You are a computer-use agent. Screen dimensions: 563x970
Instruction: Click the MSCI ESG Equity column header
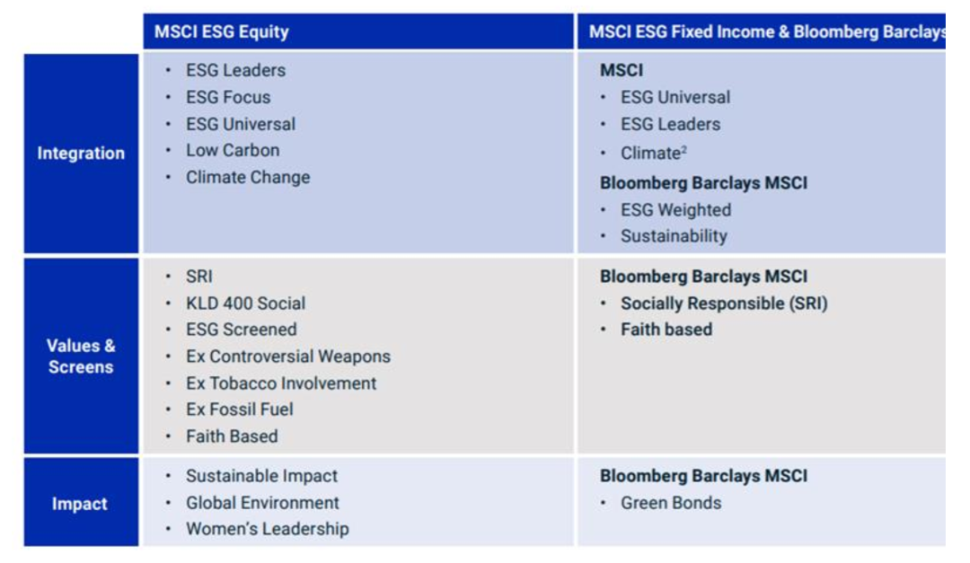click(222, 32)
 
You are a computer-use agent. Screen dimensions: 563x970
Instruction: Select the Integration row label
click(81, 154)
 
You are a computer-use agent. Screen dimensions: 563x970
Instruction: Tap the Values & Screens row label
click(81, 356)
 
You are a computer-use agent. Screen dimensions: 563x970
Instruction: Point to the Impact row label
click(79, 504)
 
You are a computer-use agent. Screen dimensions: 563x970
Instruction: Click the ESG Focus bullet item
click(227, 97)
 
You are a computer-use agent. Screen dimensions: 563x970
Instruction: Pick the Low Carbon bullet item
click(232, 150)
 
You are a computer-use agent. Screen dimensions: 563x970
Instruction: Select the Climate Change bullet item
click(247, 177)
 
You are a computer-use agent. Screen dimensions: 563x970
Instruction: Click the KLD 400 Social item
click(245, 303)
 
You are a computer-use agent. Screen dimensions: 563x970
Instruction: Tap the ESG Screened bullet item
click(241, 330)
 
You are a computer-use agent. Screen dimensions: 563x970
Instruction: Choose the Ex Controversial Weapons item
click(287, 356)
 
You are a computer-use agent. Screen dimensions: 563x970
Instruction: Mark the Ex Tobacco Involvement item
click(280, 383)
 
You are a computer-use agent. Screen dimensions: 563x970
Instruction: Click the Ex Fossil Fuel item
click(239, 409)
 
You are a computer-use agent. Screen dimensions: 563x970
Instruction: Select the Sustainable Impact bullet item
click(261, 476)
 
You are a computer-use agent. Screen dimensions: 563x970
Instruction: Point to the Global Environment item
click(262, 503)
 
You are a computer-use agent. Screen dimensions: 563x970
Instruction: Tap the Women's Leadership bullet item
click(267, 529)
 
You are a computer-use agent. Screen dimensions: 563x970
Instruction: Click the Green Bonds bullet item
click(670, 503)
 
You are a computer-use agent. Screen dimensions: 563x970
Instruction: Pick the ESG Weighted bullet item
click(675, 210)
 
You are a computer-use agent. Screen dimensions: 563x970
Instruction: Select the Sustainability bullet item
click(674, 236)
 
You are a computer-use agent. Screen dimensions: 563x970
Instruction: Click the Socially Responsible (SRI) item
click(723, 303)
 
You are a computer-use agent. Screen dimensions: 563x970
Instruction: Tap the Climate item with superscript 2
click(653, 154)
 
